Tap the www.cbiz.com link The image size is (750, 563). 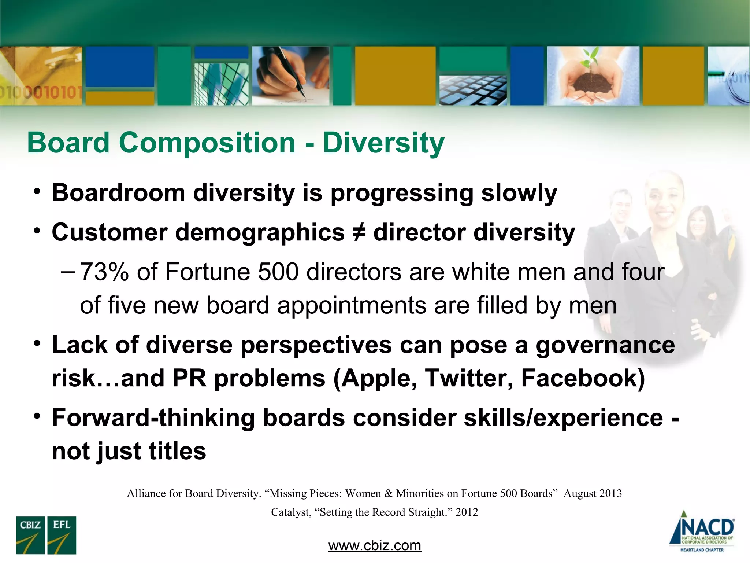pyautogui.click(x=375, y=545)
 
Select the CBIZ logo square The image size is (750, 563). pyautogui.click(x=30, y=535)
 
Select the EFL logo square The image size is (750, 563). pyautogui.click(x=62, y=535)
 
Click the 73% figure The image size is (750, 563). pyautogui.click(x=104, y=272)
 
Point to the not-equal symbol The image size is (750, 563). pyautogui.click(x=359, y=233)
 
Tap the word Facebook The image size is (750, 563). pyautogui.click(x=583, y=378)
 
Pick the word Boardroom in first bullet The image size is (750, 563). pyautogui.click(x=118, y=193)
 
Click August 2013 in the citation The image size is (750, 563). pyautogui.click(x=593, y=493)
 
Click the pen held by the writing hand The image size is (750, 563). pyautogui.click(x=289, y=71)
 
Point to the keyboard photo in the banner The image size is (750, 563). pyautogui.click(x=473, y=90)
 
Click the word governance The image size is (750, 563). pyautogui.click(x=605, y=345)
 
